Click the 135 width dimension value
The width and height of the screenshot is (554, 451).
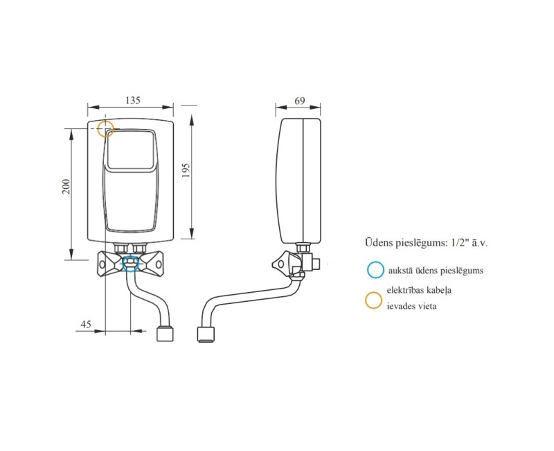[133, 100]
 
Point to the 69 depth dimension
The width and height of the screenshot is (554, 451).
[299, 100]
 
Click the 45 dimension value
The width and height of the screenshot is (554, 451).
[86, 324]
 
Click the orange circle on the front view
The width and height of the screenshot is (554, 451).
[105, 129]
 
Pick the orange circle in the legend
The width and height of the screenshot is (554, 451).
[374, 300]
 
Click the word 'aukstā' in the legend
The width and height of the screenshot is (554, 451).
[403, 271]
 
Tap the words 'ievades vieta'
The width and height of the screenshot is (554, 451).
[412, 305]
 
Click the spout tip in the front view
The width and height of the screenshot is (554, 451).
[165, 335]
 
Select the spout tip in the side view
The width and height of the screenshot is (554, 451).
[206, 334]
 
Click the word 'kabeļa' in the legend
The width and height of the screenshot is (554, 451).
[449, 291]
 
